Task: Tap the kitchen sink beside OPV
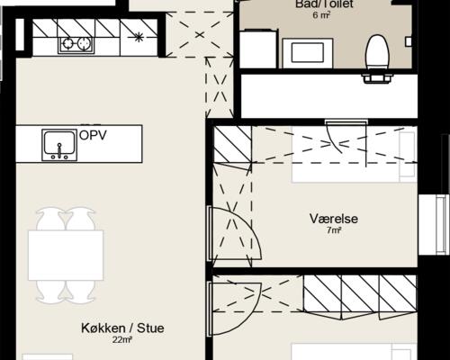(59, 145)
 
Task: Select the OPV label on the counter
(93, 135)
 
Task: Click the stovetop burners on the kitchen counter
(76, 44)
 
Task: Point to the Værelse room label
(334, 219)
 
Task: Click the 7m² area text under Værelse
(334, 230)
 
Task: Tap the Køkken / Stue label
(122, 328)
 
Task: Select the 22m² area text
(122, 340)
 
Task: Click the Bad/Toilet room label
(324, 4)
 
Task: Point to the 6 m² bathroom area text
(321, 15)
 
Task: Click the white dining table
(66, 256)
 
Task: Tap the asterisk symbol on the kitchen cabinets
(139, 37)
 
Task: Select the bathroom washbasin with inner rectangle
(308, 53)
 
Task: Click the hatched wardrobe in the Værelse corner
(232, 145)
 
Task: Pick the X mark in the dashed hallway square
(200, 35)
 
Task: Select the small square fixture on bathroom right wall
(409, 41)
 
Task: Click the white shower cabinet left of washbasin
(258, 49)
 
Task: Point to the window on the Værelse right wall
(434, 225)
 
